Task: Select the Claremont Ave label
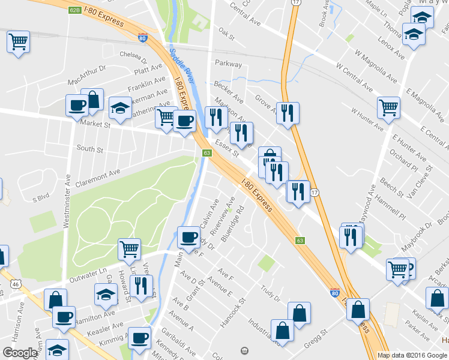pos(98,175)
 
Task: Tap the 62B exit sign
pos(74,10)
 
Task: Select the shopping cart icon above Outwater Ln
pos(130,249)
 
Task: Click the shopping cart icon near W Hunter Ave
pos(389,108)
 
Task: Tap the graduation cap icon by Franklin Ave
pos(120,107)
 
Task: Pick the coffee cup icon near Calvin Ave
pos(189,236)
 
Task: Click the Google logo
pos(20,353)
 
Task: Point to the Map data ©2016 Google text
pos(412,355)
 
